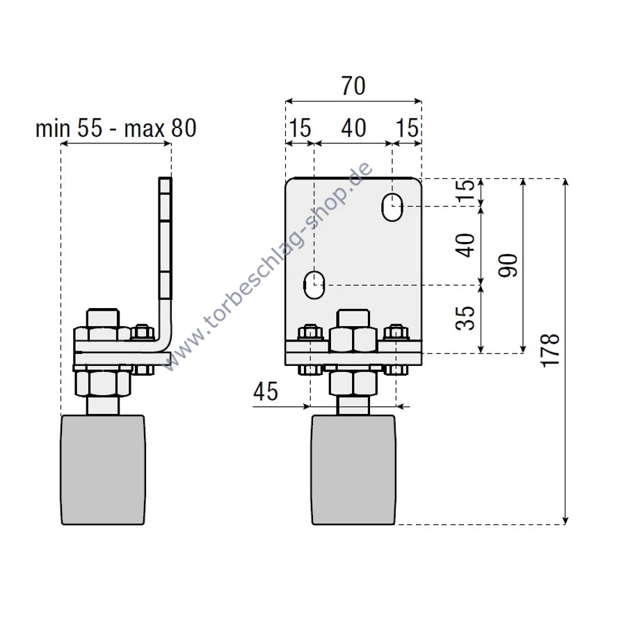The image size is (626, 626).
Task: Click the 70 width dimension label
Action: coord(353,86)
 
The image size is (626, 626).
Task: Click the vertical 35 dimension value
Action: coord(468,317)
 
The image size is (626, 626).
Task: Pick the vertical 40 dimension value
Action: coord(468,245)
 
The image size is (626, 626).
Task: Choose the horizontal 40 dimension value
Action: coord(353,128)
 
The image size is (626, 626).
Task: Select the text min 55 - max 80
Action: coord(116,128)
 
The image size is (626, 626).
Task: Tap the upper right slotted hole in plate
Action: coord(392,207)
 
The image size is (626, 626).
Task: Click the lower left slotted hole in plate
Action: coord(314,284)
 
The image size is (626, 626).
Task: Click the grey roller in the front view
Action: coord(353,470)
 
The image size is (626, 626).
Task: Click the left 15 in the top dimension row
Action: coord(300,128)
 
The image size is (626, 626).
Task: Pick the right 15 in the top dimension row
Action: coord(408,128)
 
